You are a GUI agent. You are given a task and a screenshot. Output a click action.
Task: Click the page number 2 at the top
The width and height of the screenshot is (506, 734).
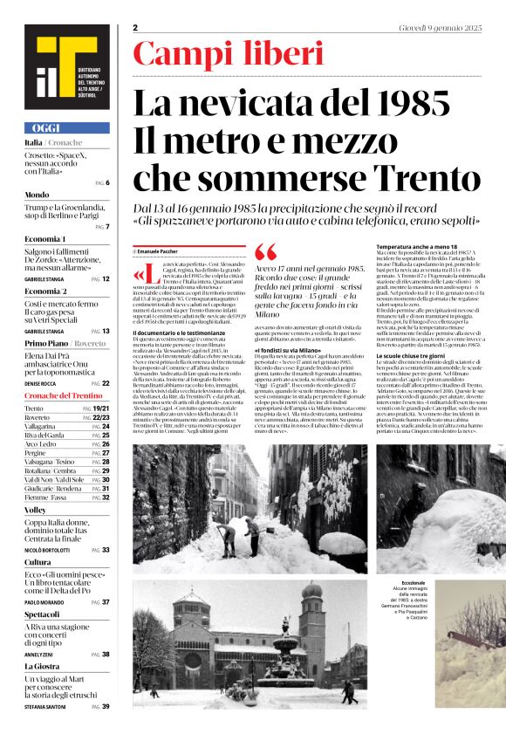click(136, 28)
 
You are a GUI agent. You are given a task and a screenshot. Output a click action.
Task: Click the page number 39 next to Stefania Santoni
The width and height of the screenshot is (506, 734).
click(106, 706)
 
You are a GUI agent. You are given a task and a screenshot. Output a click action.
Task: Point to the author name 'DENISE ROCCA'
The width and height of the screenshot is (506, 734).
click(41, 383)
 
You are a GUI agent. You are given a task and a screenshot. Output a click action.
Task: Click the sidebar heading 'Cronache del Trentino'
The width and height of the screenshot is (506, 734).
click(65, 396)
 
